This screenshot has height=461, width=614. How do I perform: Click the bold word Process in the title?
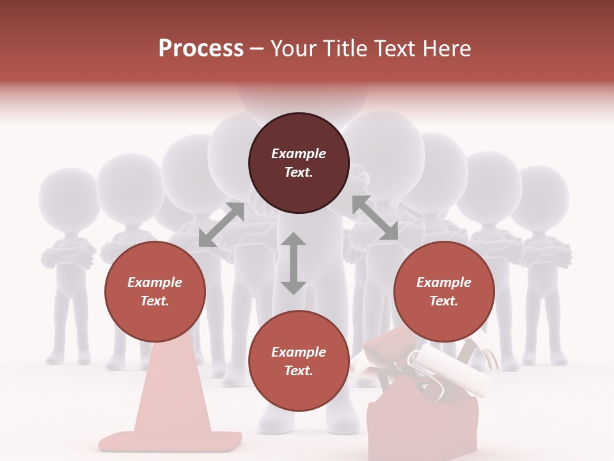click(x=201, y=49)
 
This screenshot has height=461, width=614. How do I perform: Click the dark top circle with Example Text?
click(x=299, y=163)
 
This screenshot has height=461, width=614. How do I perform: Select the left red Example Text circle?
click(x=155, y=291)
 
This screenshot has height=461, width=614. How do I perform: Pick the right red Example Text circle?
click(x=444, y=291)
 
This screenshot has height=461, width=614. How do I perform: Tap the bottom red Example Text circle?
click(x=299, y=361)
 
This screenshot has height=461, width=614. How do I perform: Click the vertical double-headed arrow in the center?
click(x=293, y=263)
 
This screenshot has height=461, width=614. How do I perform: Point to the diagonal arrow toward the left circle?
click(x=221, y=225)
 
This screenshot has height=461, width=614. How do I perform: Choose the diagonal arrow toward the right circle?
click(x=375, y=218)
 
